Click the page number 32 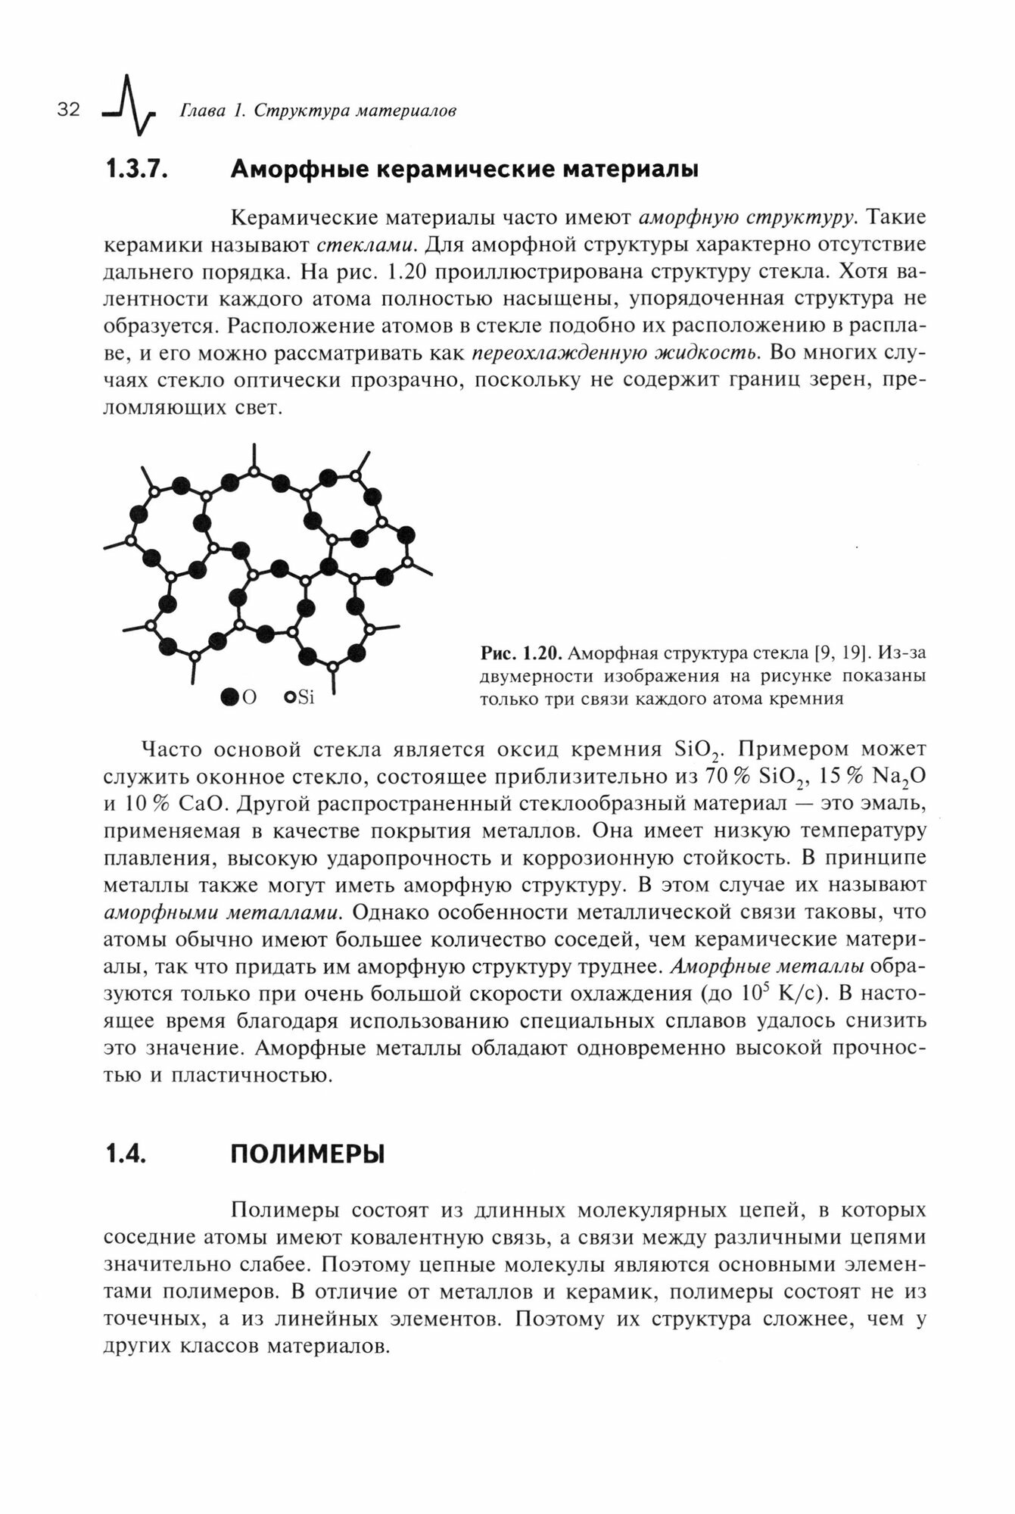tap(68, 111)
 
